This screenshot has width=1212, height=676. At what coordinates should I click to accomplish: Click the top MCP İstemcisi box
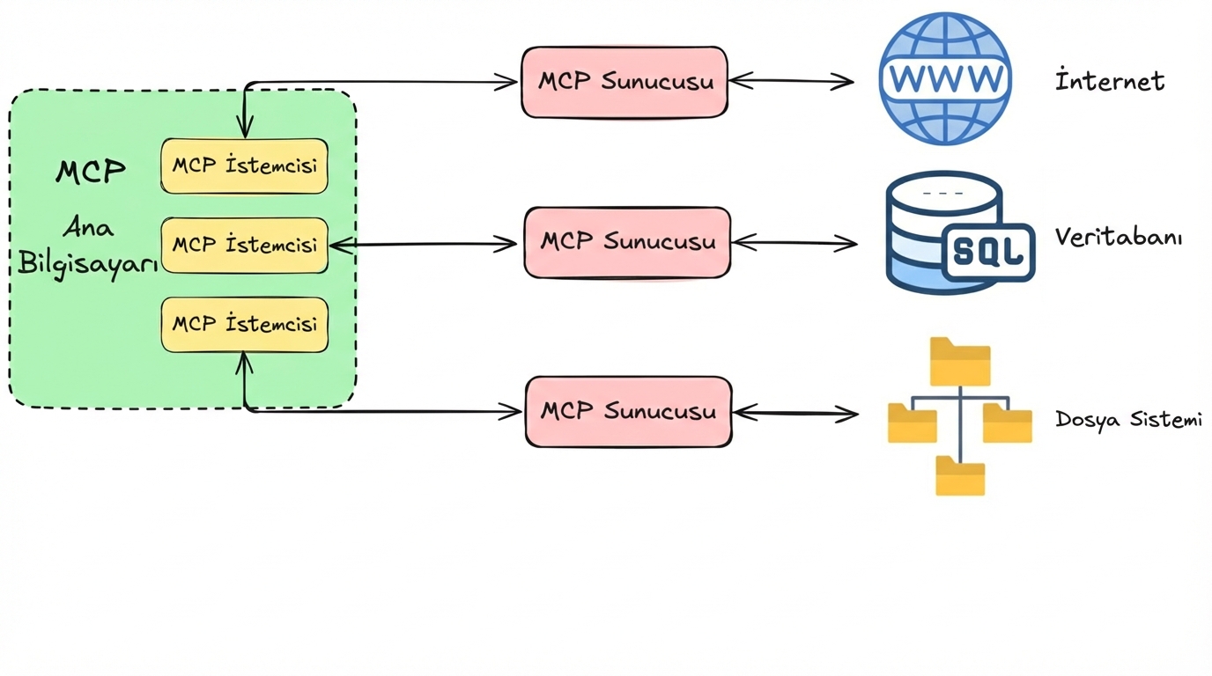click(x=244, y=165)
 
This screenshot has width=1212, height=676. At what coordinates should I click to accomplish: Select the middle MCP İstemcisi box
click(x=244, y=245)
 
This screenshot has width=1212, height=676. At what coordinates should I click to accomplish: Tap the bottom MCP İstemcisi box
click(x=244, y=324)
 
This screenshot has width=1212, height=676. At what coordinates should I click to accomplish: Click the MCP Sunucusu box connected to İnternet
click(x=624, y=82)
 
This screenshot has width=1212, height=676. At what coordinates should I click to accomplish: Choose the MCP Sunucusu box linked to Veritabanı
click(x=627, y=242)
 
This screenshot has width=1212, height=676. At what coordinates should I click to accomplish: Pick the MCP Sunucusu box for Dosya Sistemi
click(x=628, y=411)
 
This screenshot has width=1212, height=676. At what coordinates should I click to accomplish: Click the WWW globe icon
click(x=944, y=78)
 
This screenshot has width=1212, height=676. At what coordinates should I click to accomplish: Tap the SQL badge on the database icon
click(x=988, y=252)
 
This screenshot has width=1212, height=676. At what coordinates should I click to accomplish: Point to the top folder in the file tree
click(x=960, y=362)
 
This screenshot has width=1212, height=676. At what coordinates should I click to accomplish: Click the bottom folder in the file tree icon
click(x=960, y=476)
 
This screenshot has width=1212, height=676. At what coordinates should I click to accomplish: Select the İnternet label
click(x=1110, y=81)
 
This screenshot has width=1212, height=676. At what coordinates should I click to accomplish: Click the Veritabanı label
click(x=1119, y=237)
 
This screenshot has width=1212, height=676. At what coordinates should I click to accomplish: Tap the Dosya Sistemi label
click(x=1128, y=420)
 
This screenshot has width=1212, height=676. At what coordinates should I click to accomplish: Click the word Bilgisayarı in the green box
click(x=88, y=263)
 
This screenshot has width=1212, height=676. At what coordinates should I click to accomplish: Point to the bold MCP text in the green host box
click(x=90, y=171)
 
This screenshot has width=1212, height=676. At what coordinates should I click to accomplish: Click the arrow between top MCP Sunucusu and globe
click(x=791, y=81)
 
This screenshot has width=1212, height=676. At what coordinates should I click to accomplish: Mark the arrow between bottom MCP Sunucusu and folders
click(x=794, y=412)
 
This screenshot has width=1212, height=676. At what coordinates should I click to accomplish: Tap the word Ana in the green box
click(x=88, y=228)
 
